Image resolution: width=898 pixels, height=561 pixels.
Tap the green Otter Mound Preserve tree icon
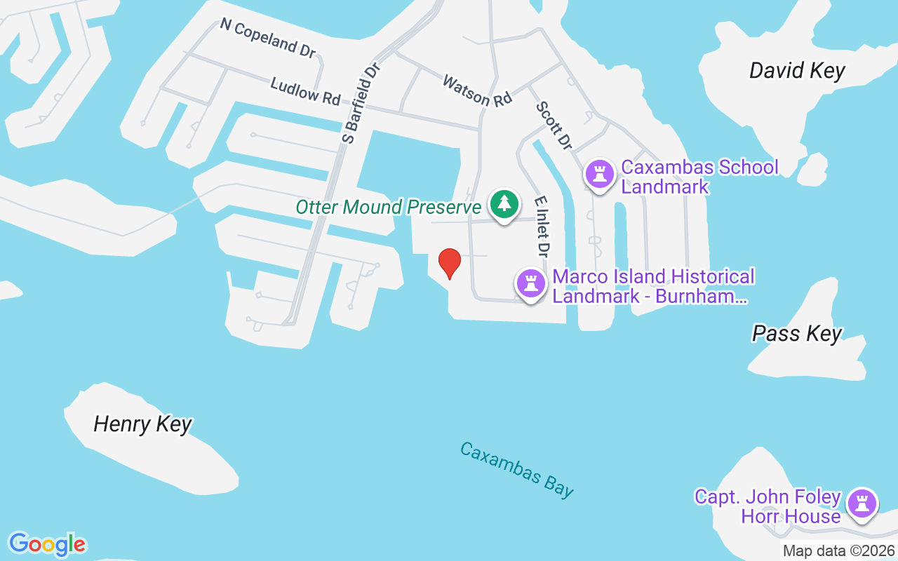point(504,204)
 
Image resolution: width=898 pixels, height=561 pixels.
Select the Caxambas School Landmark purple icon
point(599,173)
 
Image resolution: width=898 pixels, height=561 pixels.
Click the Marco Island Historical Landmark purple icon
point(531,284)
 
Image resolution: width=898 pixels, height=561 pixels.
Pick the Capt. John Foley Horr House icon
point(862,503)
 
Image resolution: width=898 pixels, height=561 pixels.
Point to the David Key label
point(797,71)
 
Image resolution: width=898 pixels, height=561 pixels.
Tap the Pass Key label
point(796,333)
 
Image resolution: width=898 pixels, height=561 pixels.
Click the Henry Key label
point(142,424)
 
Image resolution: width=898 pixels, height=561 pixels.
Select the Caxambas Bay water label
point(516,470)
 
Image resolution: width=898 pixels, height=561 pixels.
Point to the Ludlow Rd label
point(305,92)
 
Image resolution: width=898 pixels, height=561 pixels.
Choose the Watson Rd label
point(477,91)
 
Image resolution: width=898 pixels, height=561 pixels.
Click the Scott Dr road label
point(554,125)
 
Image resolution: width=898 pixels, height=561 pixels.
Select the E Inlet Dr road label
point(541,226)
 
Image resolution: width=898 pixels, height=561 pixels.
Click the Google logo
point(47,544)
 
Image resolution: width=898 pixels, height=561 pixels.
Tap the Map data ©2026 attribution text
point(838,551)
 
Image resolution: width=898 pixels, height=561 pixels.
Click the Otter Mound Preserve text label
point(388,207)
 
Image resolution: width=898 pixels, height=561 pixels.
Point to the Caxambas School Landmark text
point(699,177)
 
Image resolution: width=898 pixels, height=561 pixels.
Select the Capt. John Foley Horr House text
point(768,506)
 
